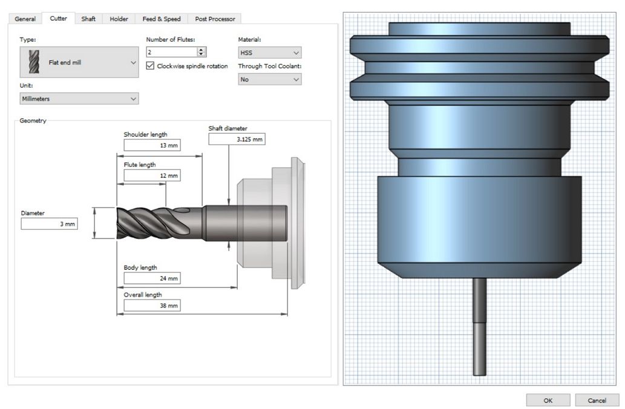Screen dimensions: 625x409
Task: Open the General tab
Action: click(25, 19)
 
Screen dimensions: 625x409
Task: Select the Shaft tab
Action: click(88, 19)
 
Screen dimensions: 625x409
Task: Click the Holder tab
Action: click(119, 19)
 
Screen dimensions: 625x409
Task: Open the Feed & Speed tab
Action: click(162, 19)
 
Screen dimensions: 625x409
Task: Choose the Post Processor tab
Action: click(215, 19)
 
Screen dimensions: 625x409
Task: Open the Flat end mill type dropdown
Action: click(79, 62)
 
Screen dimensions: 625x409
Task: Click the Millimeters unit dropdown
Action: click(79, 99)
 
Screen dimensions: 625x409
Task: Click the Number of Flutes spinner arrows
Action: click(201, 52)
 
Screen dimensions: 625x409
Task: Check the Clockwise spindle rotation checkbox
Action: click(150, 66)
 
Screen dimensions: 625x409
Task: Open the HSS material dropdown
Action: click(269, 53)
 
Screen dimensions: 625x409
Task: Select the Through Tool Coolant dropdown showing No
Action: click(269, 79)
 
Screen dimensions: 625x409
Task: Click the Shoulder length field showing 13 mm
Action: click(152, 145)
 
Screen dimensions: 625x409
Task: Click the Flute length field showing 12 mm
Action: click(152, 175)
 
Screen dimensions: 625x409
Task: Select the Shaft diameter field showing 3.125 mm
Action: click(237, 139)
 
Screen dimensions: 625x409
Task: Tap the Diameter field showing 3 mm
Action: click(50, 224)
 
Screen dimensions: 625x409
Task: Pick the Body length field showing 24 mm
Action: click(152, 278)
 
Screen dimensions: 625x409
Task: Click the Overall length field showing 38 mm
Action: click(152, 306)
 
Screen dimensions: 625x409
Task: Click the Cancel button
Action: click(597, 401)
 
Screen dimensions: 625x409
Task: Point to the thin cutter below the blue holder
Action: click(480, 327)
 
